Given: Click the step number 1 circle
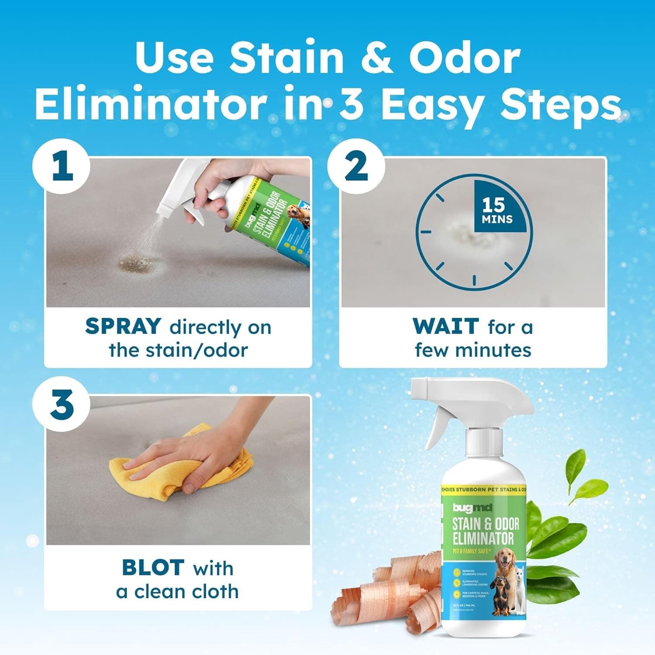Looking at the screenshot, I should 62,167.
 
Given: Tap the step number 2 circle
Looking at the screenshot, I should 356,167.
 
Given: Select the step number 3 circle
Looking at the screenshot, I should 62,404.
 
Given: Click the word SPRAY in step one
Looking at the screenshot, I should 123,327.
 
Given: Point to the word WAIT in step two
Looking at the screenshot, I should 445,327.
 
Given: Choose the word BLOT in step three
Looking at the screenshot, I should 152,568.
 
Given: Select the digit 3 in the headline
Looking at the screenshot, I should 351,105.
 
